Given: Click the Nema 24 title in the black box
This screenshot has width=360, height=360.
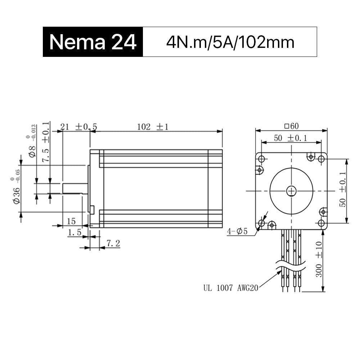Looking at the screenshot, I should [x=93, y=42].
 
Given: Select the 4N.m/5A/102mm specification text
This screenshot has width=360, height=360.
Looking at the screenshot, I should [x=230, y=42].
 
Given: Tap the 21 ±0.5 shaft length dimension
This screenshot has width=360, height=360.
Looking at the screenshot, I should [x=78, y=127].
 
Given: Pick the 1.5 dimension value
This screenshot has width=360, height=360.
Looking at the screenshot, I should [x=75, y=233].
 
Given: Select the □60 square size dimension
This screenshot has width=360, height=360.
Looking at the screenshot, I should [x=292, y=126].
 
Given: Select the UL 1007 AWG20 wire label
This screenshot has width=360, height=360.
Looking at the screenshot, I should [x=230, y=288].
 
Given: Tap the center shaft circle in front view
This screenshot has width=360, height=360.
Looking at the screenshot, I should [x=291, y=191].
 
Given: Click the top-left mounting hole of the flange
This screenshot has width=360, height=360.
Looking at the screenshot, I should [x=262, y=159].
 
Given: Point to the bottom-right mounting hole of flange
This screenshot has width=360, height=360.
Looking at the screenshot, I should [x=321, y=223].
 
